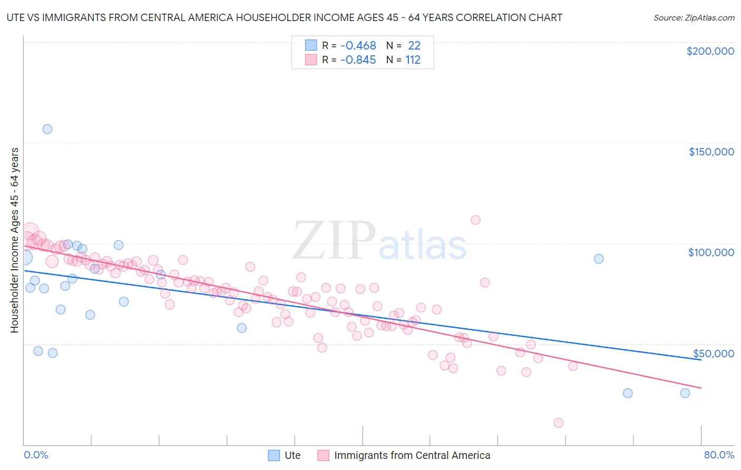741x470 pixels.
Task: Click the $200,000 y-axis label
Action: [x=710, y=51]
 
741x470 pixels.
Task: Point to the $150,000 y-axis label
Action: [x=711, y=152]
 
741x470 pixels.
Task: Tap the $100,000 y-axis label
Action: [x=711, y=252]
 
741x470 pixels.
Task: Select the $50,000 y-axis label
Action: [x=713, y=354]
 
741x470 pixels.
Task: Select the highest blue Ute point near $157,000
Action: [x=47, y=129]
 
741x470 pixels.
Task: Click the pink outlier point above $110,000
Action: [x=475, y=220]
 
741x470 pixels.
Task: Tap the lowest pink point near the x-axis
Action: [x=559, y=423]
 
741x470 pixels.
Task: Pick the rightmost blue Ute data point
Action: [x=685, y=393]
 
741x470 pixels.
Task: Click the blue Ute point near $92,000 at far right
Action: [x=599, y=259]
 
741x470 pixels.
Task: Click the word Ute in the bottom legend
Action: [x=292, y=456]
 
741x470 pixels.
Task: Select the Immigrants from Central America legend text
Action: [x=412, y=456]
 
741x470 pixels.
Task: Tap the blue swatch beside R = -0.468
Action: [x=311, y=45]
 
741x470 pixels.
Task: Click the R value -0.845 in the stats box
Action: [x=358, y=60]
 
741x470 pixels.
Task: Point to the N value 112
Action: [x=413, y=60]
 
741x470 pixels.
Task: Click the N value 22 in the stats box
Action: [x=414, y=45]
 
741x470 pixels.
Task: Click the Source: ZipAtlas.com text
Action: [x=694, y=18]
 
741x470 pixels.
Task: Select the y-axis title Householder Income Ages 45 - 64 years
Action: [x=15, y=240]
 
